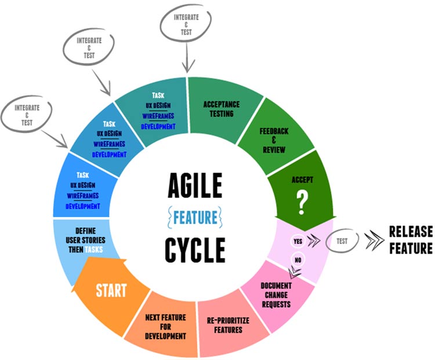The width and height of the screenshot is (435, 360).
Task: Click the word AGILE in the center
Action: tap(195, 185)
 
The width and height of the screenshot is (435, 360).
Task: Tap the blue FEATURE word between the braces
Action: tap(195, 218)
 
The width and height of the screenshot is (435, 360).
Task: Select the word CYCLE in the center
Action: tap(195, 250)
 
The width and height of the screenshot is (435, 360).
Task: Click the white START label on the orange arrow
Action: tap(111, 290)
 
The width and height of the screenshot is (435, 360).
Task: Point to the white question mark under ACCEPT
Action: tap(302, 203)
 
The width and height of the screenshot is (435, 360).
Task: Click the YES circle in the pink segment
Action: tap(298, 241)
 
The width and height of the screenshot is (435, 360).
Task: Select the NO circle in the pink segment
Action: tap(298, 260)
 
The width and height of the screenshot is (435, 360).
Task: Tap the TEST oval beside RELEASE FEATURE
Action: tap(342, 241)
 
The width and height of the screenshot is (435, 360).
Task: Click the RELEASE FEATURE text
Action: tap(411, 240)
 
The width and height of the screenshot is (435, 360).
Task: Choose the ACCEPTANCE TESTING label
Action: tap(222, 109)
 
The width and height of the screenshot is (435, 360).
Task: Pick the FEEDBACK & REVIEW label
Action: tap(274, 141)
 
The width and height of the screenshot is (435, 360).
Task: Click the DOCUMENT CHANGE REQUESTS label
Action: tap(276, 295)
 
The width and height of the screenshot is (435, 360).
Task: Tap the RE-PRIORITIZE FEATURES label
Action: tap(228, 325)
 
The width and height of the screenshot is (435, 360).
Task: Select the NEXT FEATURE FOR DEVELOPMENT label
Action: tap(166, 327)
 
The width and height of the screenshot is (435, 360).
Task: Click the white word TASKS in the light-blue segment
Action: tap(93, 250)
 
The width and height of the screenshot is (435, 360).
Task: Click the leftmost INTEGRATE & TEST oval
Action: tap(27, 115)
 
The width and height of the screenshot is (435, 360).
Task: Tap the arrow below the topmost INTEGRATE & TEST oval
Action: tap(187, 57)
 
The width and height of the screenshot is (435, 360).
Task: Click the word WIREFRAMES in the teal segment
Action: tap(158, 116)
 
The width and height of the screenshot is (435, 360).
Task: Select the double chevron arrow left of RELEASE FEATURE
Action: tap(374, 240)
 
